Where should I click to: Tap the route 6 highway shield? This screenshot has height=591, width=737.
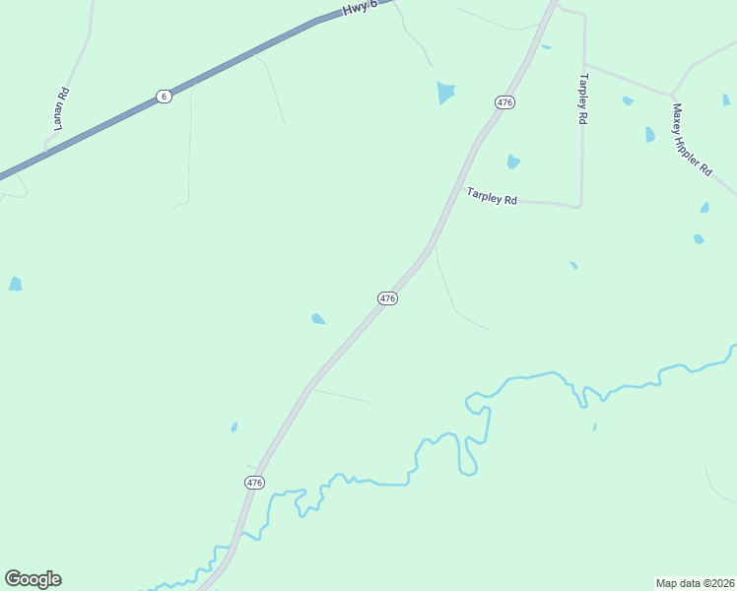coord(164,96)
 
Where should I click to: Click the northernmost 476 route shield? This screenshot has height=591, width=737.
coord(504,102)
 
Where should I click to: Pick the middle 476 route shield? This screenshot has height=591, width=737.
coord(387,297)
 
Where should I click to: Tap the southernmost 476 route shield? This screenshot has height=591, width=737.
coord(254,482)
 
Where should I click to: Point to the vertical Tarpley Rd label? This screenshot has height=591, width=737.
coord(583,98)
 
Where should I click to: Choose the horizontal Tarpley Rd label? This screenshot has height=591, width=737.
coord(492,197)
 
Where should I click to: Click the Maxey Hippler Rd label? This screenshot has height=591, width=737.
coord(692,140)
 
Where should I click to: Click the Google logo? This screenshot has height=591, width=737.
coord(33,579)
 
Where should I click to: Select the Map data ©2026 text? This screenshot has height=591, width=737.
coord(695,582)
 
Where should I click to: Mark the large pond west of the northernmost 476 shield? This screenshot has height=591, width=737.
coord(446,93)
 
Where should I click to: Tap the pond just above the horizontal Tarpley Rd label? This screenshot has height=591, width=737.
coord(512,162)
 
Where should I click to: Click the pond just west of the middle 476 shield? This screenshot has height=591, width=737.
coord(318,318)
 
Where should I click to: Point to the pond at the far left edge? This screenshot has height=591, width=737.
coord(15,284)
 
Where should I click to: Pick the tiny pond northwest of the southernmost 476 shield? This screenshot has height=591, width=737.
coord(234,427)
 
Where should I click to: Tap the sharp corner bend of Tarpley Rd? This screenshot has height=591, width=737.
coord(580,205)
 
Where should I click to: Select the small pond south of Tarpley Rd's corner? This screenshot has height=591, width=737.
coord(572,264)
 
